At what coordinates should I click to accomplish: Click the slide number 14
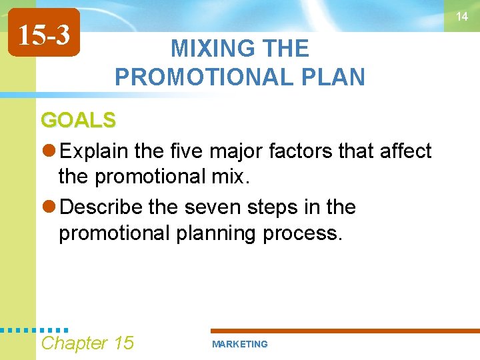coord(462,17)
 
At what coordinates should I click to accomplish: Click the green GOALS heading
coord(78,120)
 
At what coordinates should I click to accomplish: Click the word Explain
coord(95,151)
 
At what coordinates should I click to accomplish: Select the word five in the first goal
coord(185,151)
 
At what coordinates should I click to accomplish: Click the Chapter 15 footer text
coord(87,343)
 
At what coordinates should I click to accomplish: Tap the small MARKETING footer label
coord(239,344)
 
